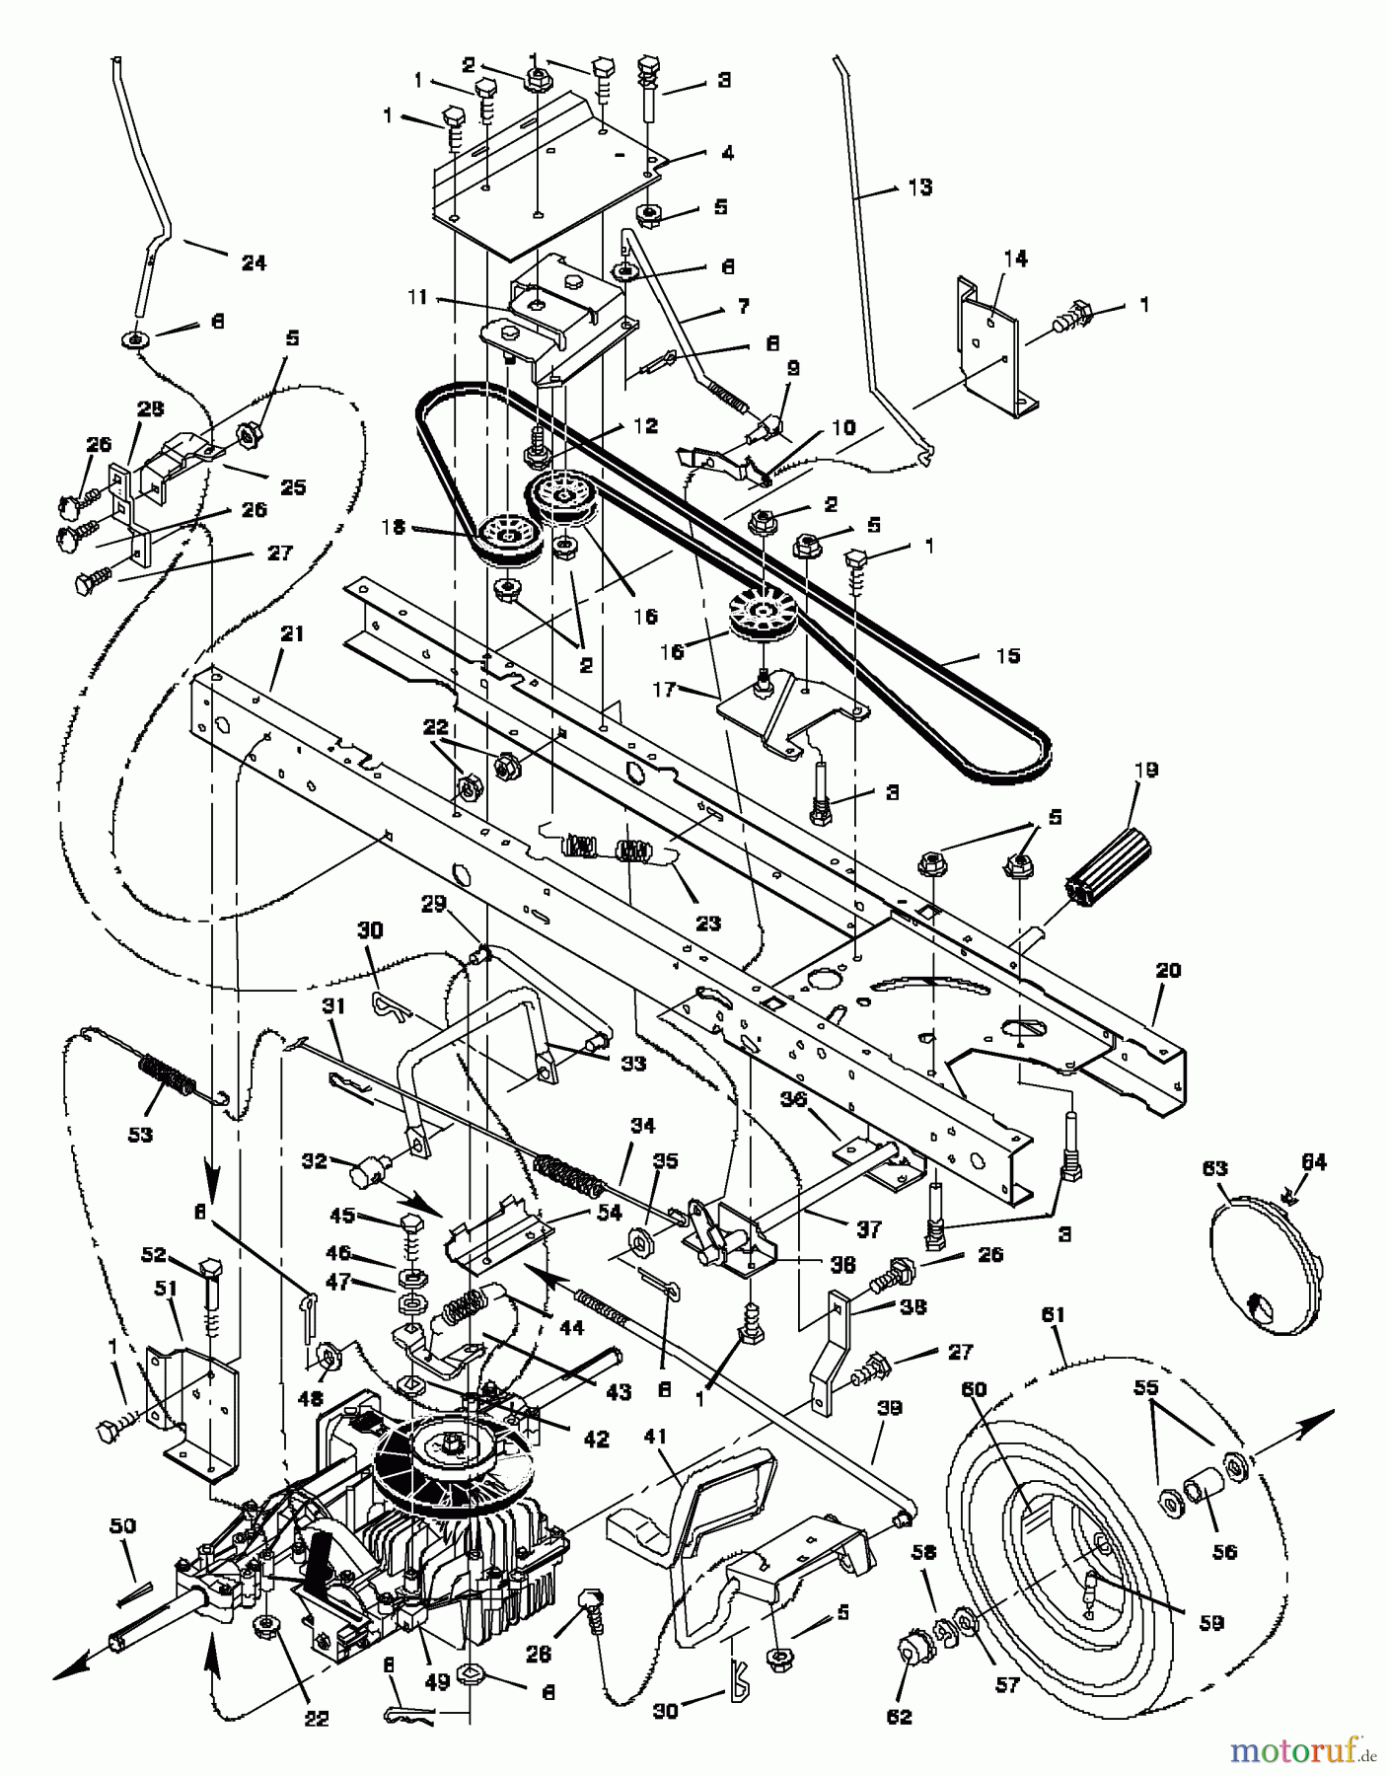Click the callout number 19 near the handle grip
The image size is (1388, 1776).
[1147, 770]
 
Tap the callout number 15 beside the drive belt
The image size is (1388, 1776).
[1008, 655]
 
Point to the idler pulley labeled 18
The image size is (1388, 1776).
[508, 542]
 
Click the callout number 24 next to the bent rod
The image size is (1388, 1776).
[254, 263]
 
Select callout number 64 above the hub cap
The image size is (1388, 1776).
[1315, 1161]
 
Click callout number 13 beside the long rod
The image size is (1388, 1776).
[919, 186]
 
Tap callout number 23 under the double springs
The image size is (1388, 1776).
[708, 924]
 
